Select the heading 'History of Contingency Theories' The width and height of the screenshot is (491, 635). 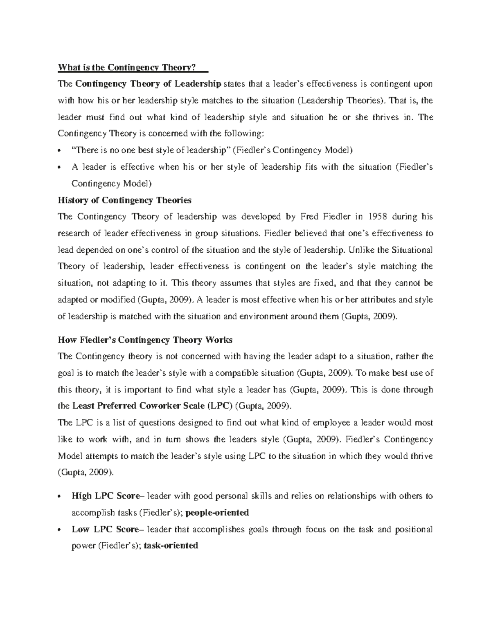[x=125, y=200]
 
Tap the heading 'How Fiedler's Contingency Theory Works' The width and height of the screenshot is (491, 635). [x=145, y=340]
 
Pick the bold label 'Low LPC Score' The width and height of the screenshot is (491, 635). [x=105, y=529]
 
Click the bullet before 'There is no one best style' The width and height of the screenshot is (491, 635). [x=60, y=151]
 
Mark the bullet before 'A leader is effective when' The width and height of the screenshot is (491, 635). [x=60, y=167]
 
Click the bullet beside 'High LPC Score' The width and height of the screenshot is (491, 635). [x=60, y=496]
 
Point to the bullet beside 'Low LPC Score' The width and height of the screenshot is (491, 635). [x=60, y=530]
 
